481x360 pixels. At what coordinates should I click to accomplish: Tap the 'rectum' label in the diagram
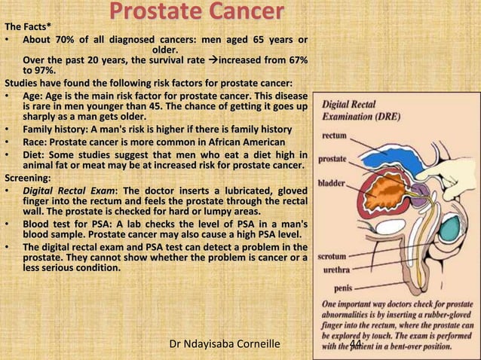coord(335,138)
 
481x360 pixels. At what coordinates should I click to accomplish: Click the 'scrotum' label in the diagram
coord(337,255)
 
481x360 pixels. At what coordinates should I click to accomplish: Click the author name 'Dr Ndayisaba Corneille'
coord(225,344)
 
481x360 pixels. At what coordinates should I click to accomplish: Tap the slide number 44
coord(357,344)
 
